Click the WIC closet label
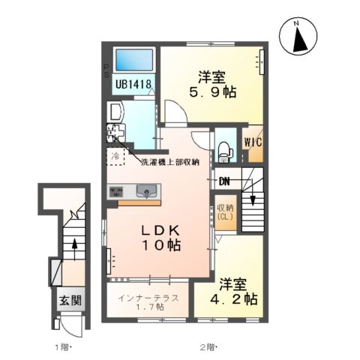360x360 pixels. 252,142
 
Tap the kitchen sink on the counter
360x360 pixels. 145,190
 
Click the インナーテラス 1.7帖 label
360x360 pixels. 148,301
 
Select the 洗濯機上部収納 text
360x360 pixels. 169,162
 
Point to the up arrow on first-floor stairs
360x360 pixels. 74,243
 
